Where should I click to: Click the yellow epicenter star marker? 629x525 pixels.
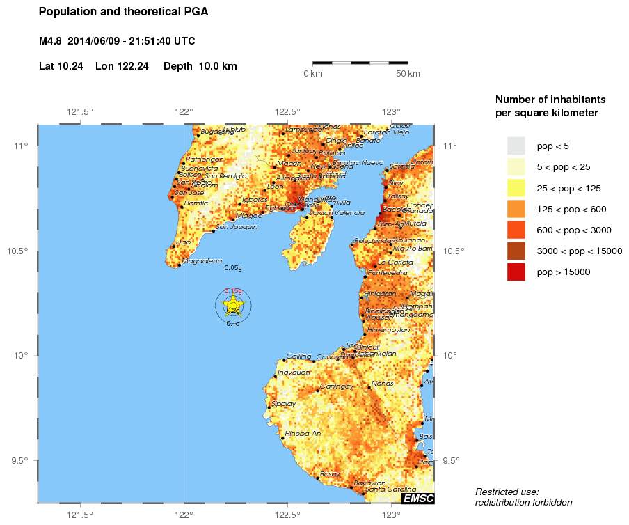tap(233, 305)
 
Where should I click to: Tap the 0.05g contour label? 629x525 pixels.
tap(233, 268)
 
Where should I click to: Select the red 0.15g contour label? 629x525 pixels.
tap(233, 291)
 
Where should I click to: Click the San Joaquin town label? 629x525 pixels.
tap(237, 227)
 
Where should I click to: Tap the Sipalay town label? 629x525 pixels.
tap(283, 403)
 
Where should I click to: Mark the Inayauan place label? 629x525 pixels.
tap(294, 373)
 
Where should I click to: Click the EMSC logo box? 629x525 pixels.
tap(417, 497)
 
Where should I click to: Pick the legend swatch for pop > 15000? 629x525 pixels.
tap(516, 272)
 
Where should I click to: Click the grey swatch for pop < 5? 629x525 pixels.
tap(516, 146)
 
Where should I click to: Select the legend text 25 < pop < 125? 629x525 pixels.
tap(569, 188)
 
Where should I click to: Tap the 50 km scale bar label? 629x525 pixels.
tap(408, 74)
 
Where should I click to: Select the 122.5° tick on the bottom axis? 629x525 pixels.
tap(287, 515)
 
